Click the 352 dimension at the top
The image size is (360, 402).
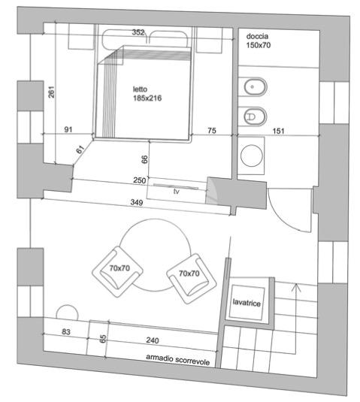click(x=138, y=32)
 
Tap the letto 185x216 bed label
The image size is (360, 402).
click(x=147, y=94)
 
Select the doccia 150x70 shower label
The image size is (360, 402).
click(x=259, y=41)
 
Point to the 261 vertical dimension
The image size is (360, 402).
click(x=52, y=92)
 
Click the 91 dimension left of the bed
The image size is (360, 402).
click(x=68, y=129)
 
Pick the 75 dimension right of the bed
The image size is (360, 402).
click(x=211, y=131)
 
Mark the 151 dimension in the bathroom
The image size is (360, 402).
click(x=278, y=131)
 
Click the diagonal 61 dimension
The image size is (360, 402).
click(x=80, y=150)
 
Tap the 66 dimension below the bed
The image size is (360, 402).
click(x=144, y=159)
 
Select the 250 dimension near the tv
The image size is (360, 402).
click(x=140, y=180)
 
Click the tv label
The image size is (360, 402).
click(x=177, y=192)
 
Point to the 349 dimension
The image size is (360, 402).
click(x=137, y=202)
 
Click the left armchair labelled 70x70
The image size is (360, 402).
click(x=117, y=272)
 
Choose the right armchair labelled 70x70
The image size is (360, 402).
click(x=192, y=279)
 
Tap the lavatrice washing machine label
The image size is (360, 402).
click(x=247, y=303)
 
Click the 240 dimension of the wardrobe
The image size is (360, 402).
click(x=153, y=340)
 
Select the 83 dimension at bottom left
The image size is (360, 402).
click(x=66, y=332)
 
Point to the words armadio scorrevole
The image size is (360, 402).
click(x=177, y=359)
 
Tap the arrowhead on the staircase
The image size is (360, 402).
click(x=296, y=286)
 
